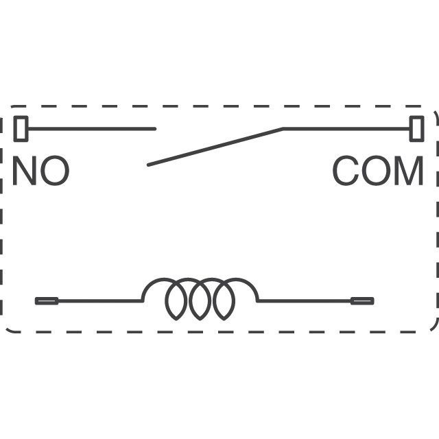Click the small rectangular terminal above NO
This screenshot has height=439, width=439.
pyautogui.click(x=21, y=129)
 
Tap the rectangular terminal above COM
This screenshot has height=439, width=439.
pyautogui.click(x=416, y=129)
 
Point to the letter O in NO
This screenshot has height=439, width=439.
pyautogui.click(x=55, y=171)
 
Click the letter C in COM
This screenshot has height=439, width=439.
pyautogui.click(x=347, y=171)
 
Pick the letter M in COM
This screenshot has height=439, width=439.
pyautogui.click(x=408, y=171)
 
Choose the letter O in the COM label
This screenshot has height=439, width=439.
pyautogui.click(x=377, y=171)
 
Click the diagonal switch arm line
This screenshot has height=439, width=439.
pyautogui.click(x=215, y=147)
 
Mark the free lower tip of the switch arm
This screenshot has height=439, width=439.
pyautogui.click(x=149, y=165)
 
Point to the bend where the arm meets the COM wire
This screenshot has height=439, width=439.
pyautogui.click(x=283, y=129)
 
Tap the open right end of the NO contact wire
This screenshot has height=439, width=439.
pyautogui.click(x=154, y=129)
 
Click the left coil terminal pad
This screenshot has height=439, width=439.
pyautogui.click(x=47, y=300)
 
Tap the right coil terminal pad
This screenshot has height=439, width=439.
pyautogui.click(x=361, y=300)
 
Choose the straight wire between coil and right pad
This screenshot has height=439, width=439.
pyautogui.click(x=304, y=300)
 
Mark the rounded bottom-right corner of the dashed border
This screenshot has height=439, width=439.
pyautogui.click(x=431, y=324)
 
